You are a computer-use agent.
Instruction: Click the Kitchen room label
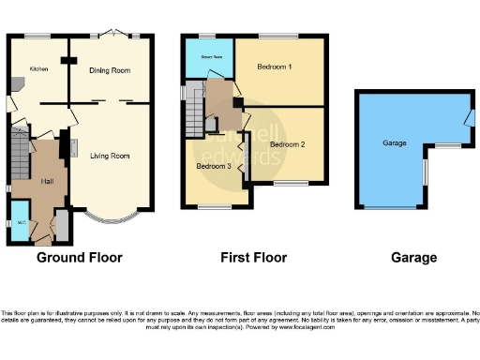pos(38,68)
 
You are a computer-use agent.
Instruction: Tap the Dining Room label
pos(110,70)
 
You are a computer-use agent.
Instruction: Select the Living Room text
pos(110,156)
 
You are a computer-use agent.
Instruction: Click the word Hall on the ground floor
pos(46,181)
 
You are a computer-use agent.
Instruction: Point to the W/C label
pos(21,223)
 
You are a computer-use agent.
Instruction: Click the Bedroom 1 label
pos(277,67)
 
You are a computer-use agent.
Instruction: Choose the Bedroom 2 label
pos(288,144)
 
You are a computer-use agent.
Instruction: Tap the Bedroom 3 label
pos(213,166)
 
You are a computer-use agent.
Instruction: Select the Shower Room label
pos(210,57)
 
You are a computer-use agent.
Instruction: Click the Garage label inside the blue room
pos(395,143)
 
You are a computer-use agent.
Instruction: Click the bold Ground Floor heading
pos(79,257)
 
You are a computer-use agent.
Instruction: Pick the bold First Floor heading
pos(253,257)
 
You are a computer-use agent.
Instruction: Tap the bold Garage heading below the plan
pos(413,257)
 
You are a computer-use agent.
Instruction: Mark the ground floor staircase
pos(20,150)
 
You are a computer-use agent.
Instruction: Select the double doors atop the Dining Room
pos(112,35)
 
